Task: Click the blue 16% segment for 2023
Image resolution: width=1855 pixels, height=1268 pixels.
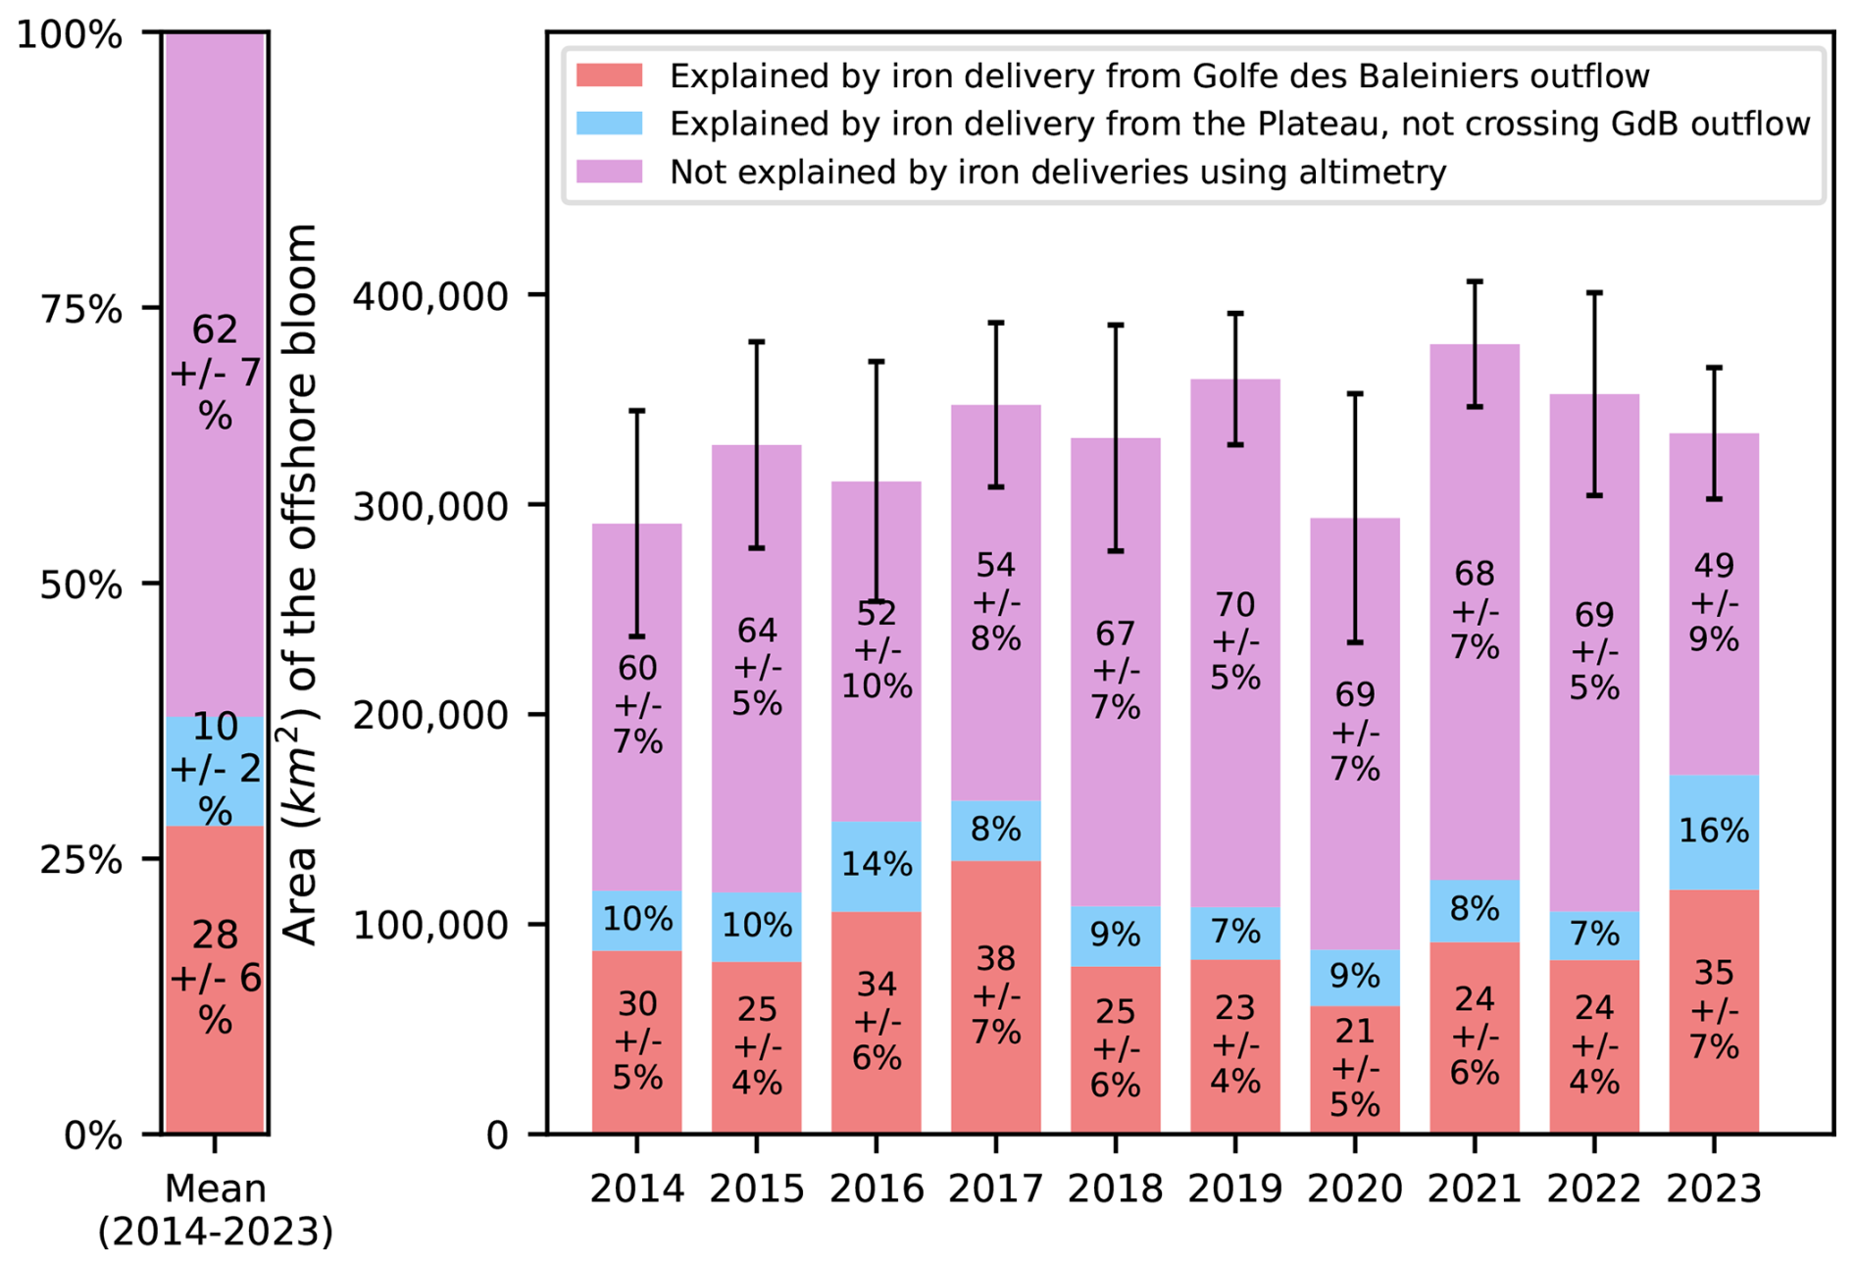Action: (x=1713, y=832)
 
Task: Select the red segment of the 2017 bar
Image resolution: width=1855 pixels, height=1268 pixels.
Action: (x=995, y=996)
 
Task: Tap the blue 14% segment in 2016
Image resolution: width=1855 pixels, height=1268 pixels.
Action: (x=876, y=865)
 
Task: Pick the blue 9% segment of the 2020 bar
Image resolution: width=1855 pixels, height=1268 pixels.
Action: (x=1354, y=977)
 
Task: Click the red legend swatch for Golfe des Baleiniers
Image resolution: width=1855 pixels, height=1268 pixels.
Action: (x=609, y=76)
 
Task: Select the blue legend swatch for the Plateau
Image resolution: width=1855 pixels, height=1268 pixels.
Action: (x=609, y=124)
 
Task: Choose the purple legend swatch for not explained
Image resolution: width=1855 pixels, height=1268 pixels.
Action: (x=609, y=172)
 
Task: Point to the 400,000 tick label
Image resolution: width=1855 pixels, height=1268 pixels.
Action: (x=430, y=295)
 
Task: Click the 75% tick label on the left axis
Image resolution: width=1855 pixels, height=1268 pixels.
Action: (x=81, y=309)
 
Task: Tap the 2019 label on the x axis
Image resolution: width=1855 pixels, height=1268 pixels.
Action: (x=1234, y=1189)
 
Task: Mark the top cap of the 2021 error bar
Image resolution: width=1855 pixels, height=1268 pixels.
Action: (x=1474, y=281)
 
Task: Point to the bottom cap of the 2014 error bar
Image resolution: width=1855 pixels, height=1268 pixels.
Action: (x=636, y=636)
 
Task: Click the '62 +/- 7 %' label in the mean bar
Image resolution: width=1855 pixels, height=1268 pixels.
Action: (x=215, y=373)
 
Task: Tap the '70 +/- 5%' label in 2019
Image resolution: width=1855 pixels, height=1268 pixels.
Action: (x=1234, y=640)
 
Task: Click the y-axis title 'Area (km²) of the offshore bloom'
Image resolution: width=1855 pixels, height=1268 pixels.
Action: (x=300, y=583)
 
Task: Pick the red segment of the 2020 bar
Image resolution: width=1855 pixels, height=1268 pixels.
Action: (x=1354, y=1069)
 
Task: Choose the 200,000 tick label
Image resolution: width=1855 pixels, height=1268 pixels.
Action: (x=430, y=715)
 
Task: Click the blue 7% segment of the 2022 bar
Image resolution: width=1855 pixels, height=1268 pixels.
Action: (x=1593, y=935)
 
